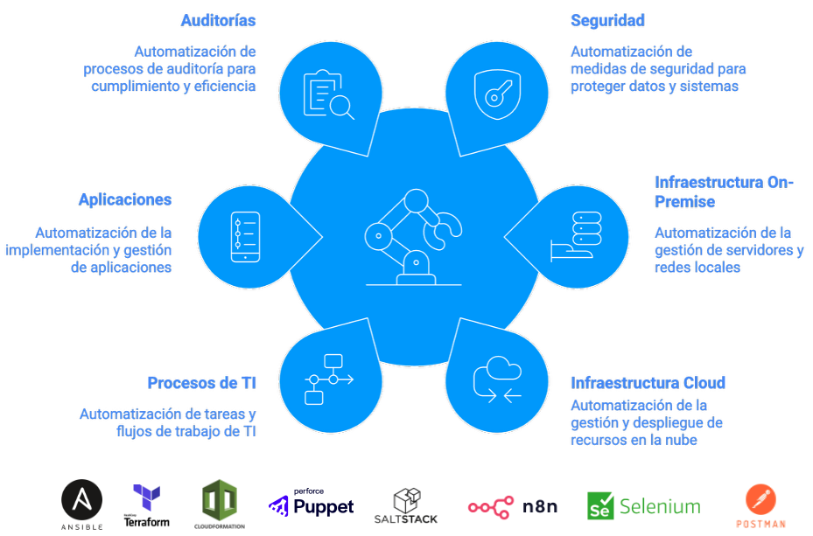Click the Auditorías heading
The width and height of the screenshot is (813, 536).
218,20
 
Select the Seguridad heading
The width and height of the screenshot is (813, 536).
607,20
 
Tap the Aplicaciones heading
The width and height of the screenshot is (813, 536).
125,199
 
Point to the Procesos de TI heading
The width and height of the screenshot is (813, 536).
201,382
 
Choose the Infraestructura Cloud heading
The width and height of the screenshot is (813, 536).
648,383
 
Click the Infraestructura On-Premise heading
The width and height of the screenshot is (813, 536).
724,191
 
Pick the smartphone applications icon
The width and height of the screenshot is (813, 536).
244,236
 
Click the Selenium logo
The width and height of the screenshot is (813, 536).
643,505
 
